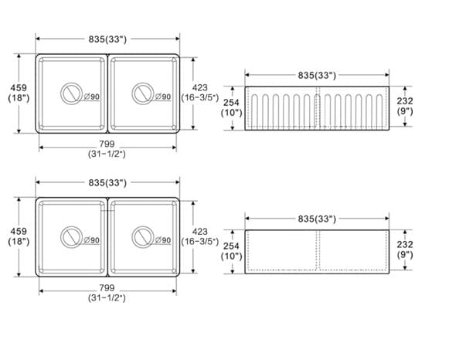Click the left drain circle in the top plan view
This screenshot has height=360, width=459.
(x=70, y=94)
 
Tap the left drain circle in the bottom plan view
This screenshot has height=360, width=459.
(x=70, y=236)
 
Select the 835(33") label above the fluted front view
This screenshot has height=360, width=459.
(x=317, y=76)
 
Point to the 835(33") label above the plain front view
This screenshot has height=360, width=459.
(x=317, y=219)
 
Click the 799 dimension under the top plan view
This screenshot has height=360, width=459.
(x=107, y=144)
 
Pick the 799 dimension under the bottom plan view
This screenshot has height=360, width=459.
(x=107, y=288)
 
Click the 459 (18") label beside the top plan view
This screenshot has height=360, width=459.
(x=19, y=93)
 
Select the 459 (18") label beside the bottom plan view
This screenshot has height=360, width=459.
(x=19, y=236)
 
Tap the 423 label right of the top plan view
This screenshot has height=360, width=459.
(x=199, y=87)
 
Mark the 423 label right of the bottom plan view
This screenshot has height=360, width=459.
(x=199, y=231)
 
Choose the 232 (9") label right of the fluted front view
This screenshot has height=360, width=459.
(x=405, y=106)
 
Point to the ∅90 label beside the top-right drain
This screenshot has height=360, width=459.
(x=163, y=97)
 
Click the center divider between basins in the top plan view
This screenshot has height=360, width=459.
(x=107, y=93)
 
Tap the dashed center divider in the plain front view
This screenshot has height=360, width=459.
(x=317, y=251)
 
